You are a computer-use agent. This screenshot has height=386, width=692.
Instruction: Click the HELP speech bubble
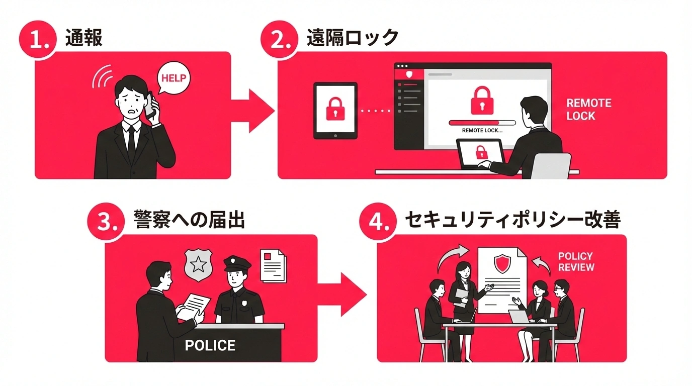point(174,78)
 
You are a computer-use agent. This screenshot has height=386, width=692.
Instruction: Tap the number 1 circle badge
point(36,40)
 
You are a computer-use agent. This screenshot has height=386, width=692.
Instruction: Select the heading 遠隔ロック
point(352,38)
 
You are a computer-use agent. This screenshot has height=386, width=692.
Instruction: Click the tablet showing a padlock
point(335,111)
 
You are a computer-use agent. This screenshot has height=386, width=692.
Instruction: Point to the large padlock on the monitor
point(482,100)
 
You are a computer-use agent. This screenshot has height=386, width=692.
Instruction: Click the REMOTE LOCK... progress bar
point(482,122)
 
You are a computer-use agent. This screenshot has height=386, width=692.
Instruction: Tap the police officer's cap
point(237,262)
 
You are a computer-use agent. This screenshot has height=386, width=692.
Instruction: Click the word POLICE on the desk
point(210,346)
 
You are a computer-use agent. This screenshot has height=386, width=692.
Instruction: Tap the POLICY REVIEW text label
point(576,262)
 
